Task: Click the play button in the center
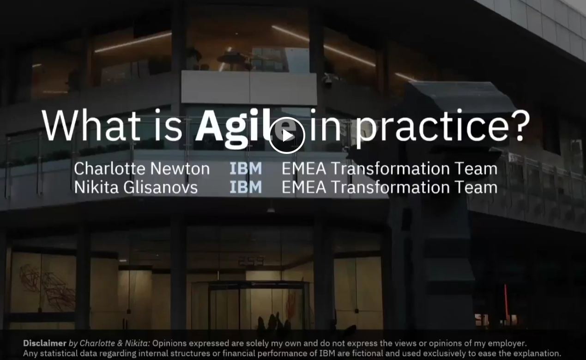287,135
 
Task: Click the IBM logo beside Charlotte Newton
246,168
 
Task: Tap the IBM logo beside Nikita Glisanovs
246,187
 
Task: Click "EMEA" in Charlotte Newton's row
304,168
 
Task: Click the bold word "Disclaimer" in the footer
45,343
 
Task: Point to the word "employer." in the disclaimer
507,343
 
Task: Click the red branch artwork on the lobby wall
47,286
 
